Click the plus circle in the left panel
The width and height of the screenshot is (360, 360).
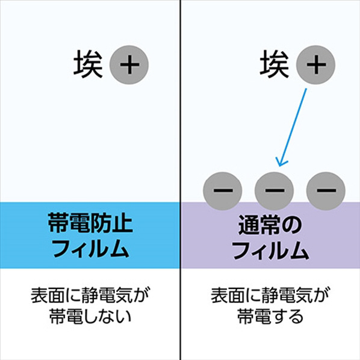[x=129, y=65]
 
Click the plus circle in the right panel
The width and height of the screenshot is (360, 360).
[x=315, y=65]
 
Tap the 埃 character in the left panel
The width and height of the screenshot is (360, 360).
[x=88, y=64]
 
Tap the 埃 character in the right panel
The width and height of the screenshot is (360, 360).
[x=275, y=64]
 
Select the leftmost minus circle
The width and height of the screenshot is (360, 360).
[x=223, y=191]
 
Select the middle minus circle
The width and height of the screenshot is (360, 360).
[x=274, y=191]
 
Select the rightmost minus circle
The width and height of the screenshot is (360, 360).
[x=326, y=191]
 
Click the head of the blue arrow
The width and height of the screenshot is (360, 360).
[x=279, y=166]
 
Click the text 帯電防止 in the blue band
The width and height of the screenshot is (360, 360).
[x=90, y=222]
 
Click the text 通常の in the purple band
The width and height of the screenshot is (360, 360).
[x=270, y=225]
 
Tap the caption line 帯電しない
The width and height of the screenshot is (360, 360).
[x=90, y=316]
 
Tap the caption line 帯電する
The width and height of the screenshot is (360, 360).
[x=270, y=316]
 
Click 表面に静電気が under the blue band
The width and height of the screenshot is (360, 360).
[x=90, y=295]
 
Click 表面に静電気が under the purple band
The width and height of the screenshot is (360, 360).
[x=270, y=295]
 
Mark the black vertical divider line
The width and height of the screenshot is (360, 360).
[x=180, y=180]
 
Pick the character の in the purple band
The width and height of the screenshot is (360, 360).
[x=291, y=226]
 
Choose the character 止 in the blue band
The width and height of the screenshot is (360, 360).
[x=123, y=222]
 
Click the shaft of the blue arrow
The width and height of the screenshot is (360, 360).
[x=293, y=127]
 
